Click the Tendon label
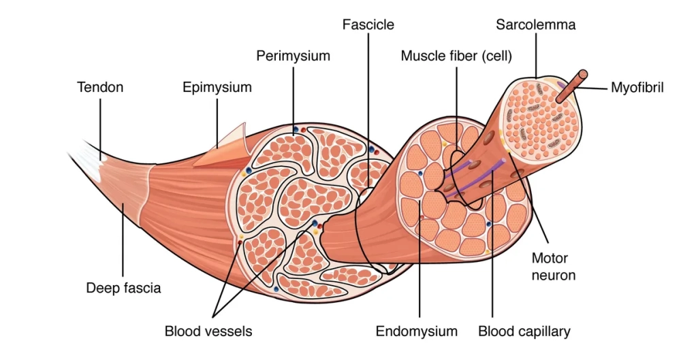(x=101, y=87)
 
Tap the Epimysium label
(x=217, y=87)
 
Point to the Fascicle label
(x=368, y=25)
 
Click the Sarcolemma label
(x=535, y=25)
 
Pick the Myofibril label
(x=637, y=87)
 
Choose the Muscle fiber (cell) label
(x=456, y=56)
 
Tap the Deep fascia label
(x=123, y=288)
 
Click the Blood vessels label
(x=208, y=331)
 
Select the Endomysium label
(x=417, y=331)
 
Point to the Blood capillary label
(x=524, y=331)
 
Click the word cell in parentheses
(x=496, y=56)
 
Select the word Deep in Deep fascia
(x=102, y=288)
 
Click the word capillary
(x=543, y=331)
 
